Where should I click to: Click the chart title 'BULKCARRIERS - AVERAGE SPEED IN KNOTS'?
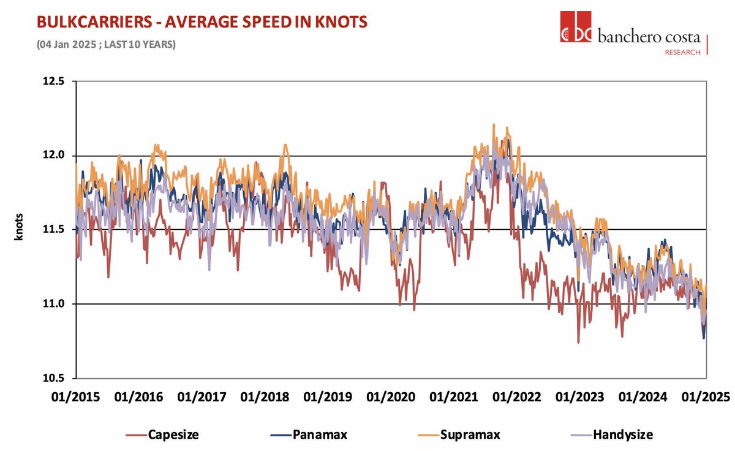pos(202,23)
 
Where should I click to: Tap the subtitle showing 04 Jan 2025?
pos(106,45)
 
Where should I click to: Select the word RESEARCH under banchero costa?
pos(682,53)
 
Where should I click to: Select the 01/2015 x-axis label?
pos(75,396)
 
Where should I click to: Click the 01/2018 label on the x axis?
pos(264,396)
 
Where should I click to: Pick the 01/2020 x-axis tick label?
pos(390,396)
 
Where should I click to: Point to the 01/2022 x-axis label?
pos(516,396)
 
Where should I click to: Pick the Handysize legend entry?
pos(614,434)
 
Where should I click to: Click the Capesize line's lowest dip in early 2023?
pos(578,342)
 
